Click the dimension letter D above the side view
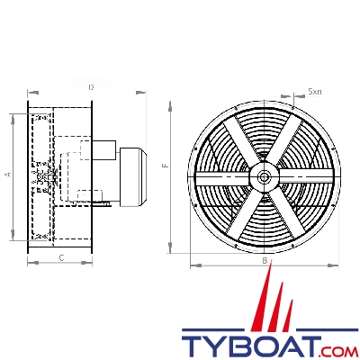[x=91, y=87]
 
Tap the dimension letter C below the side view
[x=60, y=257]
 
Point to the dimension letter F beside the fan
[x=165, y=166]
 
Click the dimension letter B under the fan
[x=264, y=260]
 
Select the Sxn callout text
[x=314, y=92]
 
